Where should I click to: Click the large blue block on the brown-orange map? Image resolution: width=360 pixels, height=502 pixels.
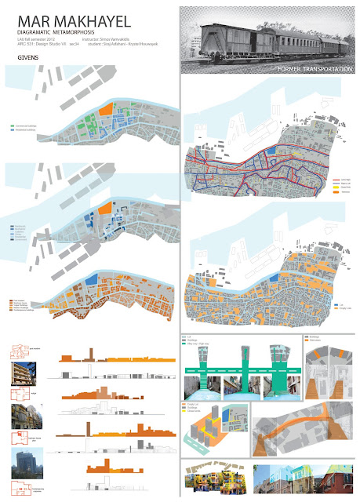[93, 278]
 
